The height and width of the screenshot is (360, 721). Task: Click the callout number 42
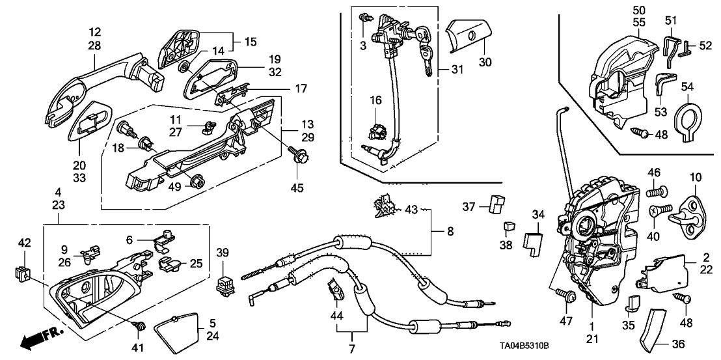(23, 243)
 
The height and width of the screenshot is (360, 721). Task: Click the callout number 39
(223, 253)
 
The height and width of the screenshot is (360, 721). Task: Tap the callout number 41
(138, 348)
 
